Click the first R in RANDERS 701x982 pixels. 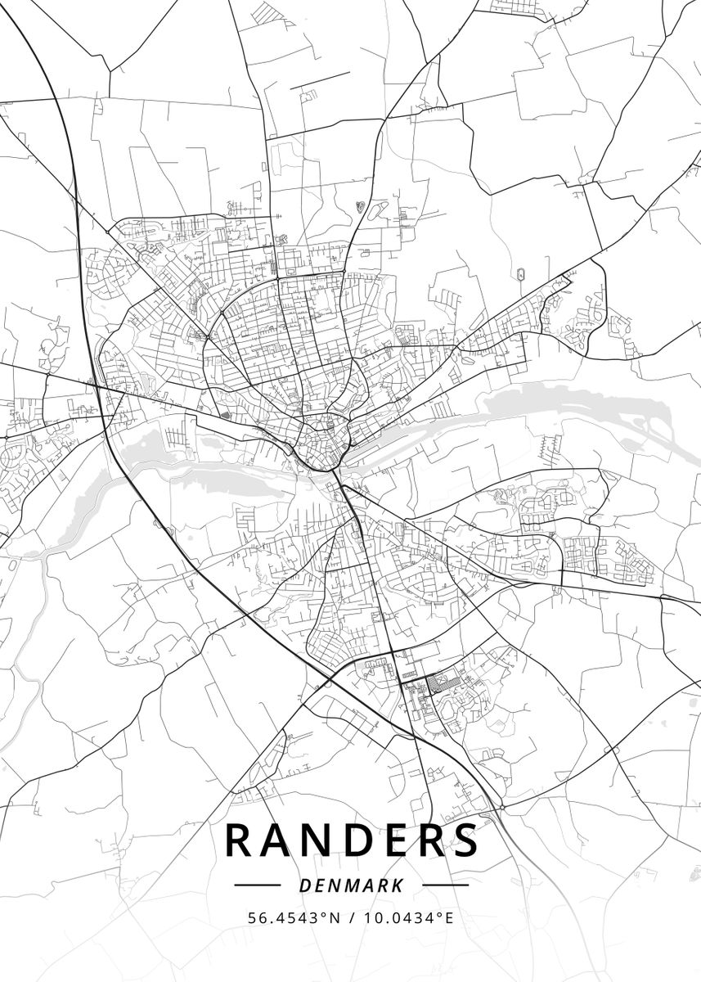[240, 840]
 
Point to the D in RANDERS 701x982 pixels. [360, 840]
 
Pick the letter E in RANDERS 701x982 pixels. [397, 840]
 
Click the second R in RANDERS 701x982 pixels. [430, 840]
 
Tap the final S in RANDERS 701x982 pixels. [466, 840]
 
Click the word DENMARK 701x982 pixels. [351, 885]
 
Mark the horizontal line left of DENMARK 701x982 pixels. [257, 885]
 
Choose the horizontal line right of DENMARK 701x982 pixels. [446, 885]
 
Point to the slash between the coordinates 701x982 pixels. [350, 918]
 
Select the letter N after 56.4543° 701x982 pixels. [335, 918]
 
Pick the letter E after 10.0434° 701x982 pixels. [448, 918]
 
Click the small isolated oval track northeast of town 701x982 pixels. [520, 273]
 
